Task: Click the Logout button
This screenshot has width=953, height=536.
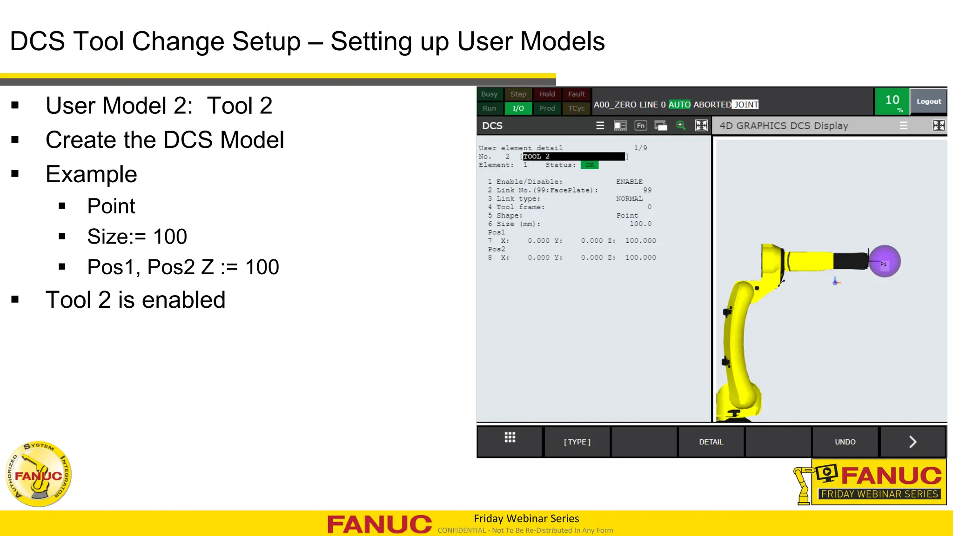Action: click(928, 101)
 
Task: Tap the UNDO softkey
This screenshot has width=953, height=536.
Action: click(845, 442)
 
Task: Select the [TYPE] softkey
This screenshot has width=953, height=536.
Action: click(577, 442)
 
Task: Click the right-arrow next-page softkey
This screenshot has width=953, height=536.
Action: click(913, 442)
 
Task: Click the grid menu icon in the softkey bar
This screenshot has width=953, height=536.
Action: click(510, 437)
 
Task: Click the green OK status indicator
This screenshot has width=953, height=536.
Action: click(590, 165)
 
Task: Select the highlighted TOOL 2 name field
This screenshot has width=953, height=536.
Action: click(573, 157)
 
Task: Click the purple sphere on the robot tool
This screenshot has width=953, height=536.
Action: click(885, 261)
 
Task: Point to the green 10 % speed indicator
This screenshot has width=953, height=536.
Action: click(892, 102)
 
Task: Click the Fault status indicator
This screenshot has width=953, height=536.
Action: click(576, 94)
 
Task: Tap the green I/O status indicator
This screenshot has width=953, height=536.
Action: click(518, 108)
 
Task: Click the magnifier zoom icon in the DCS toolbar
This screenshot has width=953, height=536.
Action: click(681, 126)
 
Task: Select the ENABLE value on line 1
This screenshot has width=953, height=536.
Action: click(629, 182)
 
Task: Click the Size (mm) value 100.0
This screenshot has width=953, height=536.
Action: click(640, 224)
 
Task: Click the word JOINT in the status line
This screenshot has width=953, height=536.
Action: click(746, 105)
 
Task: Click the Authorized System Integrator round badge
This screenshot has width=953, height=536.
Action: click(39, 474)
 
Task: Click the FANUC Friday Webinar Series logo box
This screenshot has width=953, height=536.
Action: click(879, 482)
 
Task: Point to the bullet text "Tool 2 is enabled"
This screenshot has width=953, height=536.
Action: click(135, 300)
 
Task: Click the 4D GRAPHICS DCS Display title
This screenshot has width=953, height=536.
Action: click(784, 126)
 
